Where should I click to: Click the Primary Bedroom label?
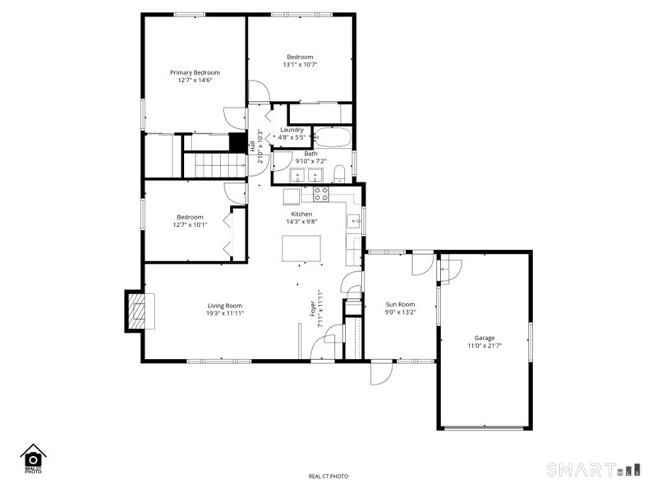tap(195, 72)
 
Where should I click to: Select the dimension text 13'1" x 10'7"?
tap(300, 65)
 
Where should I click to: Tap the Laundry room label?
tap(292, 130)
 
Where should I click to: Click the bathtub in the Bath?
tap(333, 137)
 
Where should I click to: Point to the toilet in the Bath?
tap(338, 173)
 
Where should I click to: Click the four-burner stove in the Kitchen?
tap(321, 195)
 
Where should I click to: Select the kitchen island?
tap(300, 248)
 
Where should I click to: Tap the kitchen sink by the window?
tap(353, 220)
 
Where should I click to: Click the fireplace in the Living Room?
tap(137, 311)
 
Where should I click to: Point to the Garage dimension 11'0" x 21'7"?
tap(484, 346)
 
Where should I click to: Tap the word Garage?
tap(484, 338)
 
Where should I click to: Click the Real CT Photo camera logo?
tap(33, 458)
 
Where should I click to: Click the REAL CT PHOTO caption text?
tap(328, 477)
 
